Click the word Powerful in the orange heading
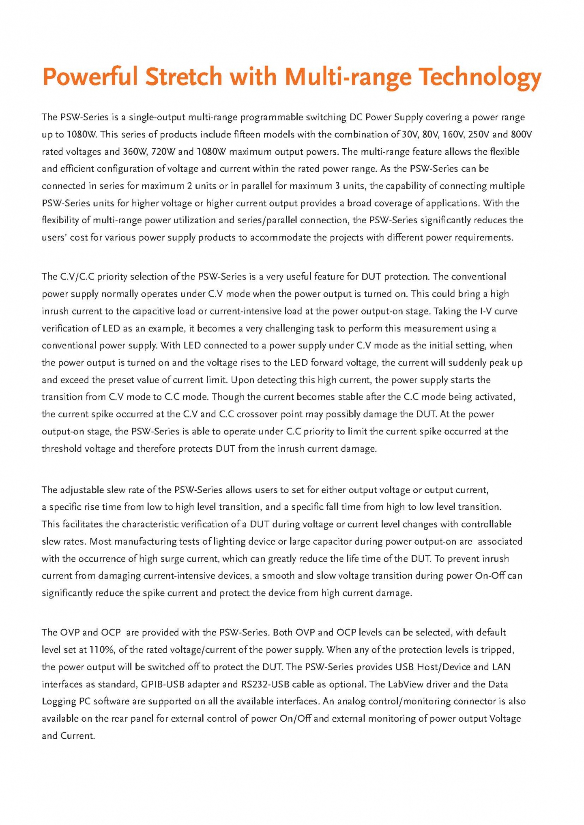point(93,76)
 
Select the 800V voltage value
point(521,135)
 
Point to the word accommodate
point(280,237)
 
